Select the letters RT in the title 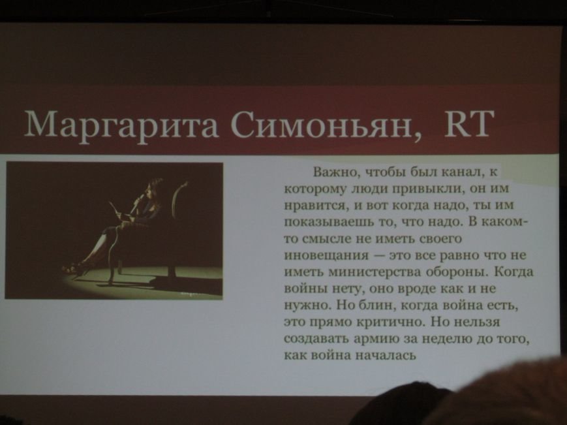[x=469, y=123]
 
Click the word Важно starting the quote [x=335, y=172]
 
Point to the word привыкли [x=427, y=189]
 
